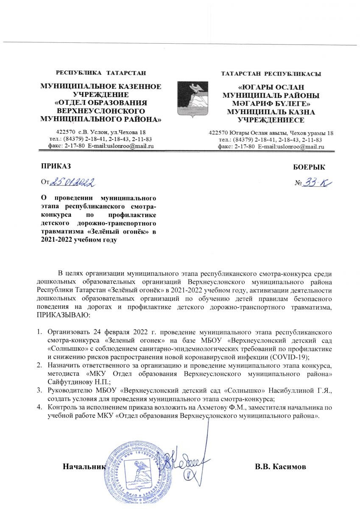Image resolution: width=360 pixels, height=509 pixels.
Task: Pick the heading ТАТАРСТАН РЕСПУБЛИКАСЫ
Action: pos(271,74)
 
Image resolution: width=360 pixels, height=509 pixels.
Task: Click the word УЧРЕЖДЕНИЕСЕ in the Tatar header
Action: pos(271,120)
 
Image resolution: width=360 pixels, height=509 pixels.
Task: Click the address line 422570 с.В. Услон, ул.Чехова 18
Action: pos(101,132)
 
